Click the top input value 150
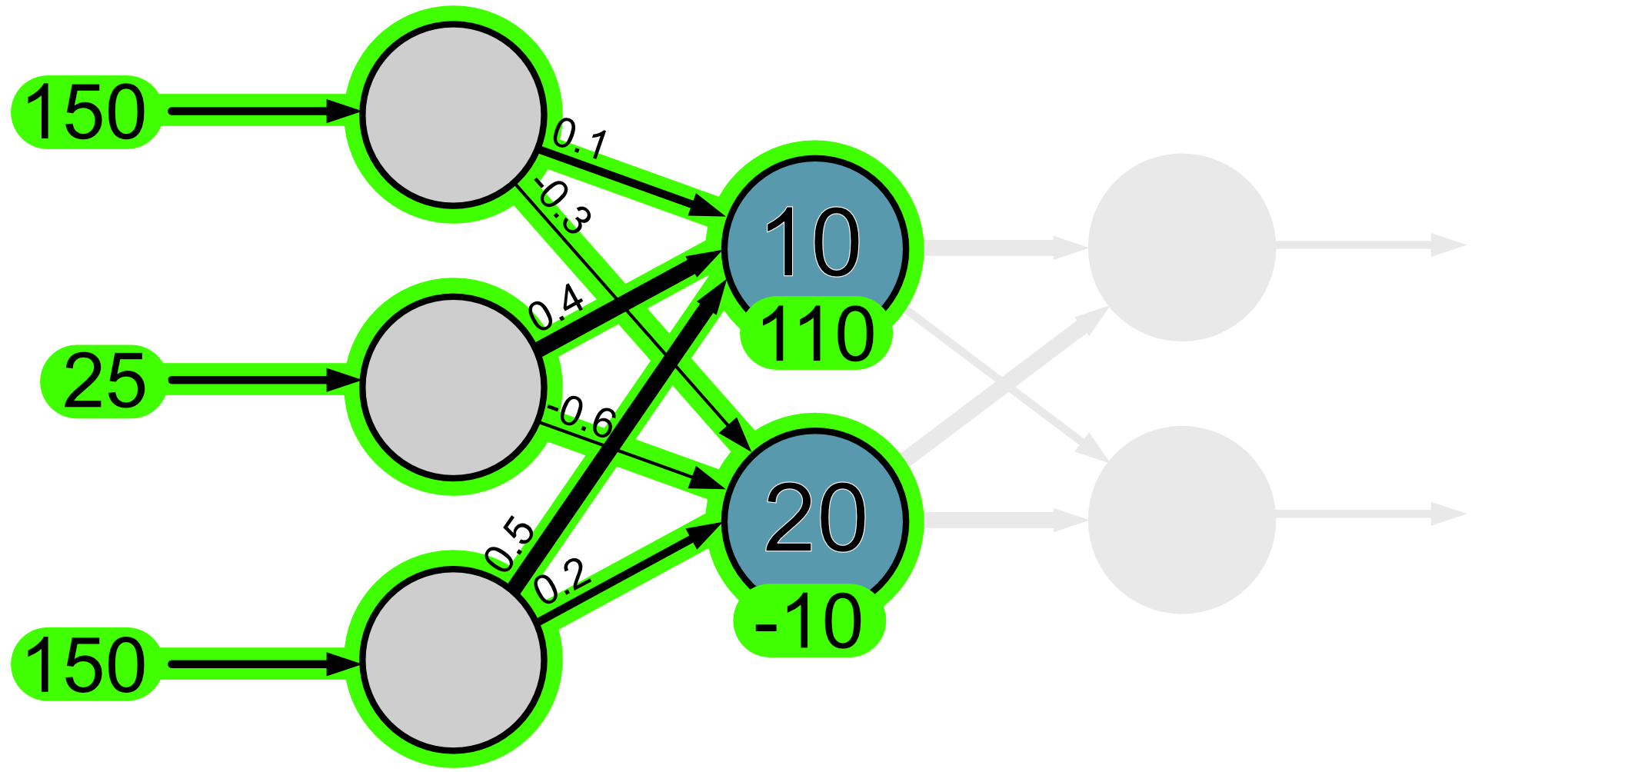tap(85, 112)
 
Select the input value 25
tap(104, 381)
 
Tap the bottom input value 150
tap(85, 665)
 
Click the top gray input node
tap(453, 115)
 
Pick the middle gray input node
tap(453, 387)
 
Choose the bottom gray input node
tap(453, 659)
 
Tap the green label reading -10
tap(809, 621)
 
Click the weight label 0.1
tap(581, 138)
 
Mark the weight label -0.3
tap(564, 206)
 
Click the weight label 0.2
tap(562, 581)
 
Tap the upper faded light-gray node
tap(1181, 248)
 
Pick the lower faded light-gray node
tap(1181, 520)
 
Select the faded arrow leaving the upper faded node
tap(1369, 246)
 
